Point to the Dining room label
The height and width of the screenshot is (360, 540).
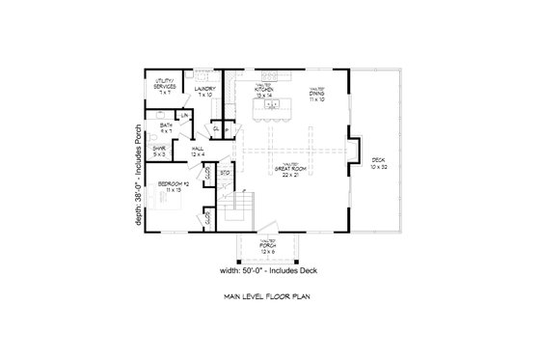[315, 95]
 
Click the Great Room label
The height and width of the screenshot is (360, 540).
[284, 168]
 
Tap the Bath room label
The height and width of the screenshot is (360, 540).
[167, 126]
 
